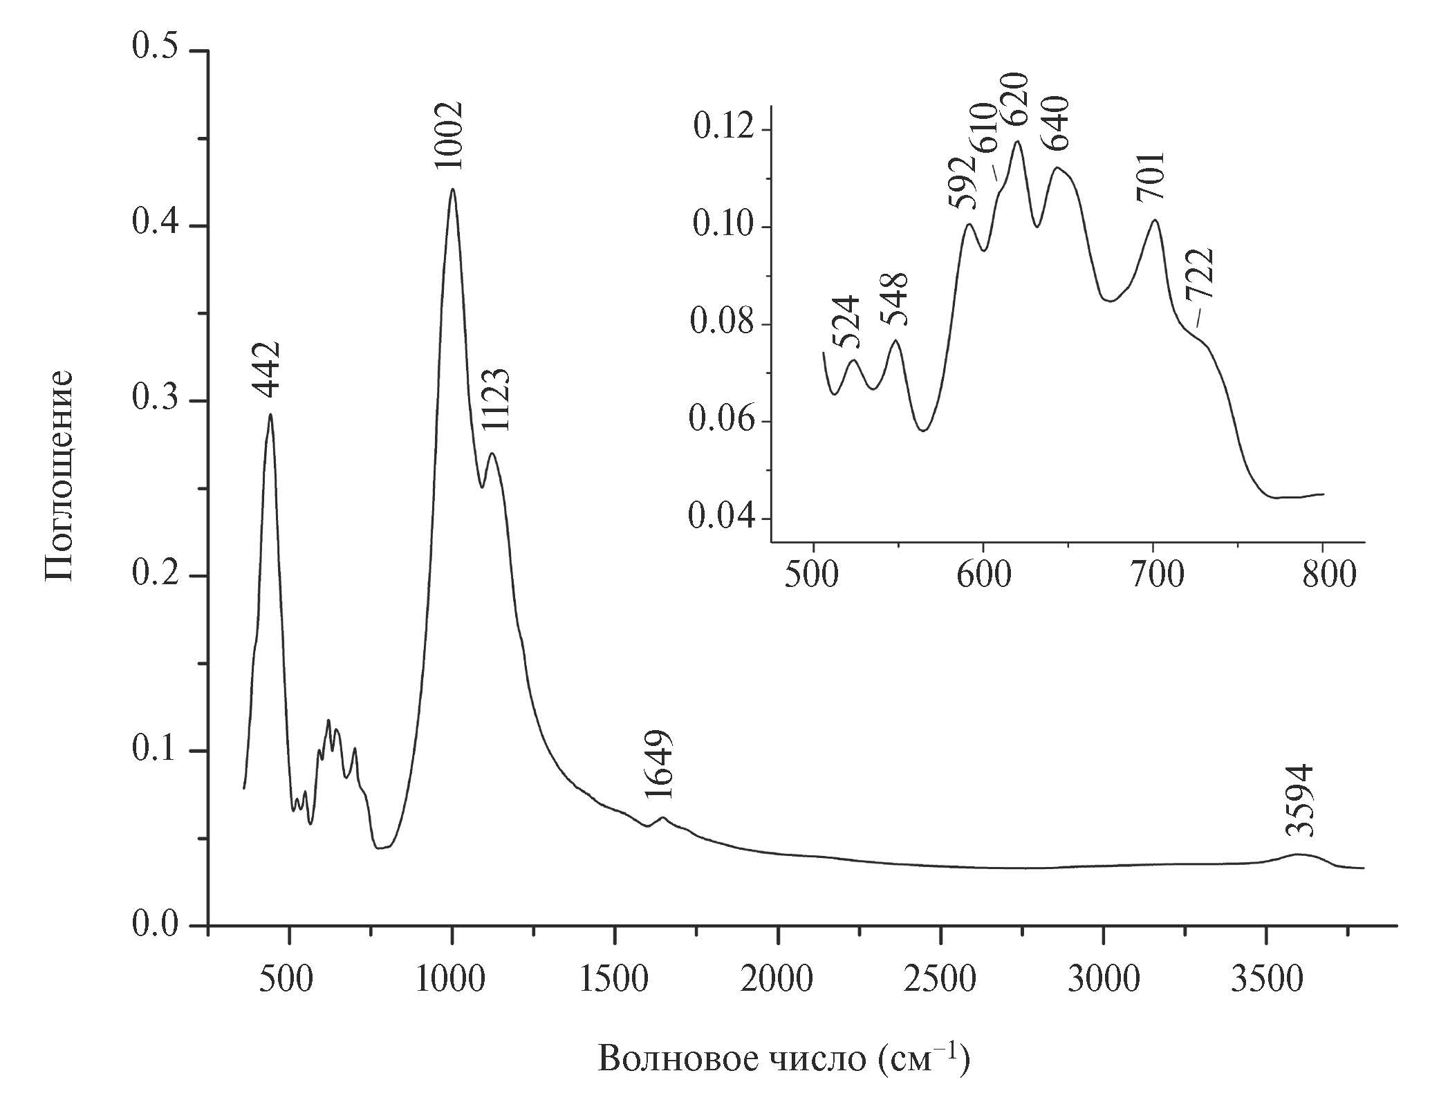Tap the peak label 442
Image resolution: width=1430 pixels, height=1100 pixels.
pos(266,370)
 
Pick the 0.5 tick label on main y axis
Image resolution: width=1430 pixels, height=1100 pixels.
pos(156,51)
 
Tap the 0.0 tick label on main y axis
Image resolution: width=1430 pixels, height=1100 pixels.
pos(156,925)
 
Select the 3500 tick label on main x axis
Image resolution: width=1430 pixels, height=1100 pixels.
pos(1266,980)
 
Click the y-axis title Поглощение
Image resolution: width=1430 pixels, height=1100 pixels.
pos(59,477)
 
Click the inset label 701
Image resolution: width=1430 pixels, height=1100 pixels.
pos(1151,178)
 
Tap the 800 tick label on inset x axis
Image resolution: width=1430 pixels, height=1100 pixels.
pos(1323,575)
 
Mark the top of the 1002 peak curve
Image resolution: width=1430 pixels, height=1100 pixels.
pos(452,189)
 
